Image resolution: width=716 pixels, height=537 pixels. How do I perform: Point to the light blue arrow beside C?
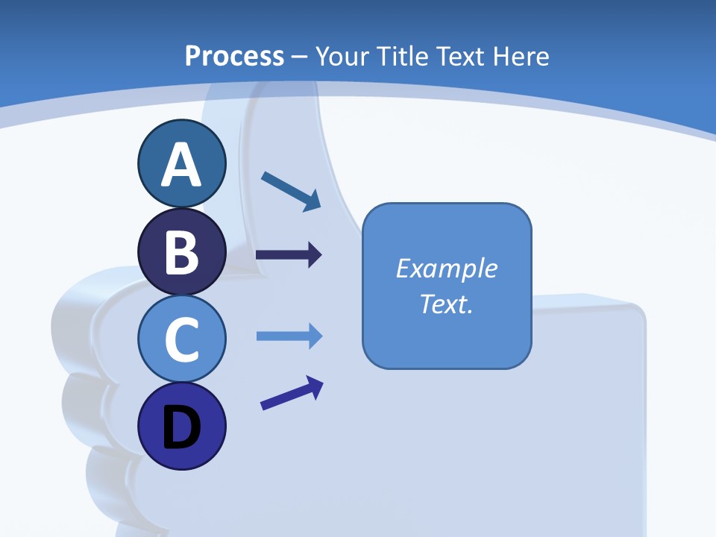[289, 336]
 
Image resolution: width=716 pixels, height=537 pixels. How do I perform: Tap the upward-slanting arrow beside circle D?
[292, 393]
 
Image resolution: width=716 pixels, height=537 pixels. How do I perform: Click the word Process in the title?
[234, 56]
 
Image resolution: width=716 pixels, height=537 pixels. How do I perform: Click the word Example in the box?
[446, 268]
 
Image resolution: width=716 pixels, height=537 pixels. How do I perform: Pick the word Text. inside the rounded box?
[446, 304]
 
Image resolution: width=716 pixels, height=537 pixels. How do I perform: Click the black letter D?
[181, 428]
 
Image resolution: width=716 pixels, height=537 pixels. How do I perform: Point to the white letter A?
[181, 166]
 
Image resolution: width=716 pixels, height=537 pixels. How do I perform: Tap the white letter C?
[181, 340]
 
